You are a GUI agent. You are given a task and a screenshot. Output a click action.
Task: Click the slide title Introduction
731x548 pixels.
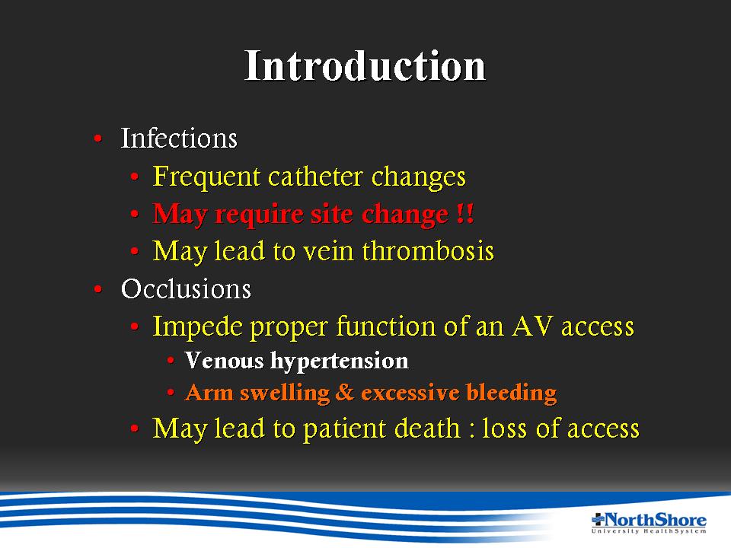tap(365, 65)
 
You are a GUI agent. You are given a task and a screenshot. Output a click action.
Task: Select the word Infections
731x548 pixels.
tap(179, 138)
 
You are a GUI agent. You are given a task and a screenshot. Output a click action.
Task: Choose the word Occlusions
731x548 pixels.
tap(186, 288)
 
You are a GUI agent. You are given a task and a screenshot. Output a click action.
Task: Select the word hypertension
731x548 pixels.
tap(340, 361)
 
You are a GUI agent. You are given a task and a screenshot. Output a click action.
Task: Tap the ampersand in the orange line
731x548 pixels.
tap(344, 392)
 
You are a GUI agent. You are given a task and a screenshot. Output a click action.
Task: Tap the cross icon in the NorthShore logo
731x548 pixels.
tap(598, 520)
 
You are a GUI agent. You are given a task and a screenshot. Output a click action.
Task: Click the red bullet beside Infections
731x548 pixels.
tap(98, 138)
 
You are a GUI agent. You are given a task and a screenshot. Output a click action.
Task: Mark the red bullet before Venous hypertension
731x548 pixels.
tap(171, 360)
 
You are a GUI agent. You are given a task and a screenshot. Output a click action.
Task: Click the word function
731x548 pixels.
tap(385, 326)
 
